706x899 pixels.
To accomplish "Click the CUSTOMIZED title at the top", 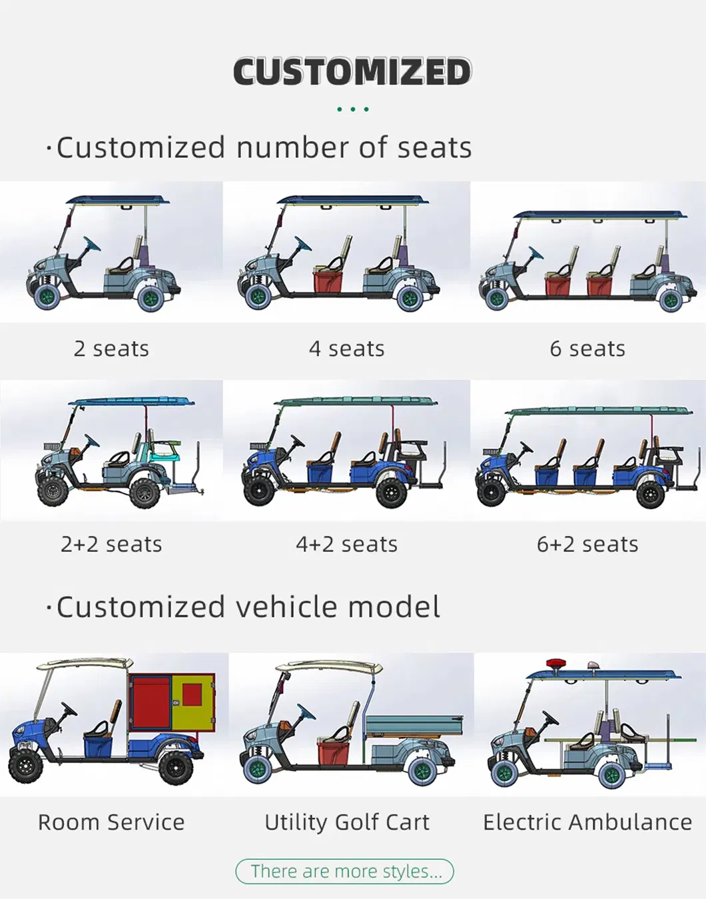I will pos(352,72).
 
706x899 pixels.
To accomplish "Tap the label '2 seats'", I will pos(111,349).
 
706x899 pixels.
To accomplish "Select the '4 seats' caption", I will pos(346,349).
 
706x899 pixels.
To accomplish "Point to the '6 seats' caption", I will pos(587,349).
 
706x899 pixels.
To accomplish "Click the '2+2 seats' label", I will pos(111,544).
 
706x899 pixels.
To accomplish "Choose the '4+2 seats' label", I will pos(346,544).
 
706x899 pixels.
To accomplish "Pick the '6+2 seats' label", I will pos(587,544).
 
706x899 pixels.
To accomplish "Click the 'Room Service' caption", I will pos(111,822).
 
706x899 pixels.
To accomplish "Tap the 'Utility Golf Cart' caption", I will pos(346,822).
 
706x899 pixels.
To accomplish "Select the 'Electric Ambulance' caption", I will pos(587,822).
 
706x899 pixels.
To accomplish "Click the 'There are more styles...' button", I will pos(344,872).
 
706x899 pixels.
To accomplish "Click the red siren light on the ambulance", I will pos(555,664).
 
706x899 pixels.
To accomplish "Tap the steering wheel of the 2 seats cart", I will pos(91,244).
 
